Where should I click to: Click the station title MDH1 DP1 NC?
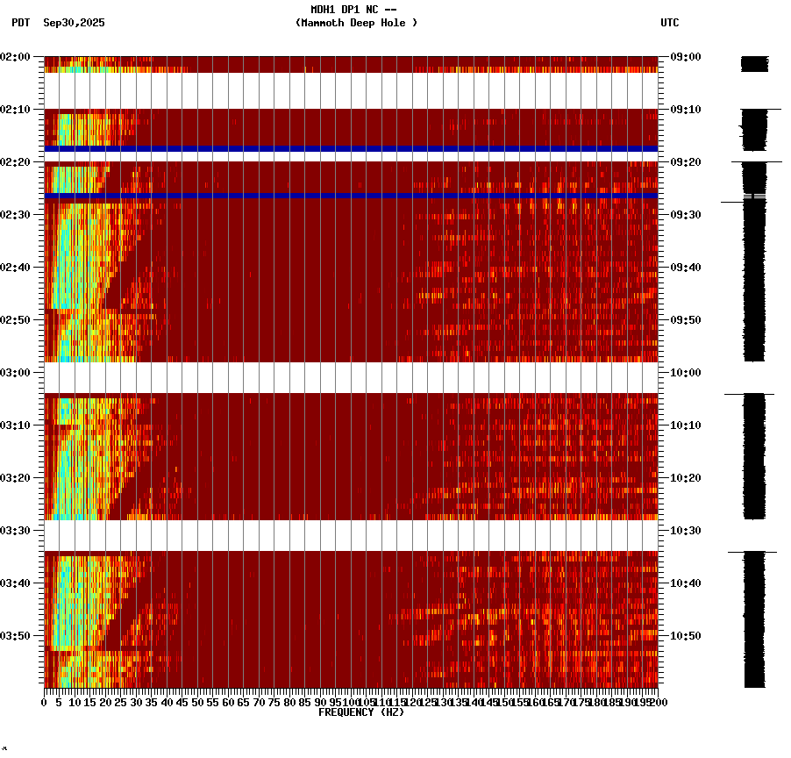pos(353,10)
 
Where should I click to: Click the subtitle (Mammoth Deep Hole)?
pos(356,23)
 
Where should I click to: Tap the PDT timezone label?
pos(20,23)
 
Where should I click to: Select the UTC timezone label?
pos(670,23)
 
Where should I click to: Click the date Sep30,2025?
pos(74,23)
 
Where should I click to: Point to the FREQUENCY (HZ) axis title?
pos(360,712)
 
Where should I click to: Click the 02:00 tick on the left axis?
pos(16,57)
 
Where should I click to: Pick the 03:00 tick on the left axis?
pos(16,372)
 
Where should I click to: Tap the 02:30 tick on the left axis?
pos(16,215)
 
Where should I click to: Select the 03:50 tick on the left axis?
pos(16,635)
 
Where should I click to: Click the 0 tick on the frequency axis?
pos(45,703)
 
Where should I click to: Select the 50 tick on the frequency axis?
pos(197,703)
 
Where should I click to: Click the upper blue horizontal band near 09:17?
pos(351,148)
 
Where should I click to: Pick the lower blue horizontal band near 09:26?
pos(351,195)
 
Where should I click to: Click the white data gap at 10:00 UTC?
pos(351,377)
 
